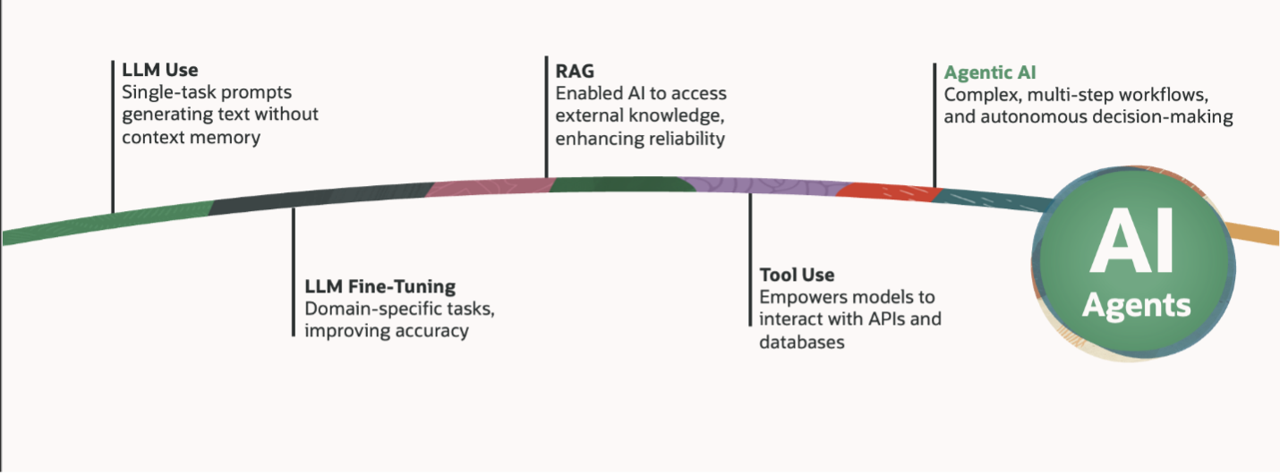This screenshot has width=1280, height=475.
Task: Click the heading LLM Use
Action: [x=160, y=69]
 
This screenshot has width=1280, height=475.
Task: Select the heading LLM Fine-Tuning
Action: [x=380, y=287]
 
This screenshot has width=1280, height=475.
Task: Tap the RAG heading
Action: [x=575, y=70]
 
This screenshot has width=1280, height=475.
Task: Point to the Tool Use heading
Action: [x=797, y=275]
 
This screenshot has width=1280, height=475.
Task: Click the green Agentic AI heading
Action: [x=990, y=72]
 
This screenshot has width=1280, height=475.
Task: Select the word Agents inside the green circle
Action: [x=1136, y=305]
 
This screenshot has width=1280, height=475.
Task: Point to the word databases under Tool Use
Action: [x=802, y=342]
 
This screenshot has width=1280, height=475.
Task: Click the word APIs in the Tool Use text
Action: [x=884, y=319]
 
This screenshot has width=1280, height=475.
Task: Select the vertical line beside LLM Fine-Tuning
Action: [x=293, y=272]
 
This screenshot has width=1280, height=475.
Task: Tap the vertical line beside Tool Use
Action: [x=750, y=259]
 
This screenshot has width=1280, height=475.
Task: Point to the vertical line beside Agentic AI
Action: [x=934, y=125]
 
